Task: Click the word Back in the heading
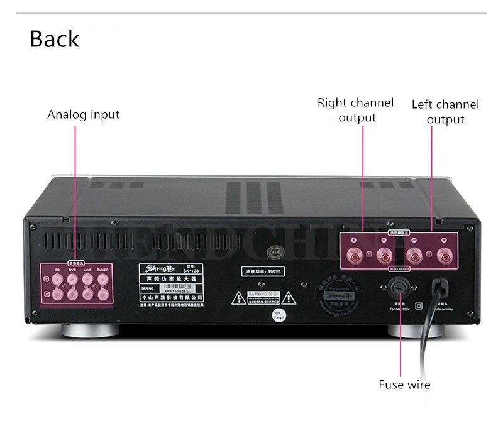[55, 39]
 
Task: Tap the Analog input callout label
[83, 114]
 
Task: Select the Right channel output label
[355, 110]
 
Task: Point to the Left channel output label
[445, 112]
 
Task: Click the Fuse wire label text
[404, 385]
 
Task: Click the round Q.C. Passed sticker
[277, 315]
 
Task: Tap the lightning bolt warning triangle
[240, 297]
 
